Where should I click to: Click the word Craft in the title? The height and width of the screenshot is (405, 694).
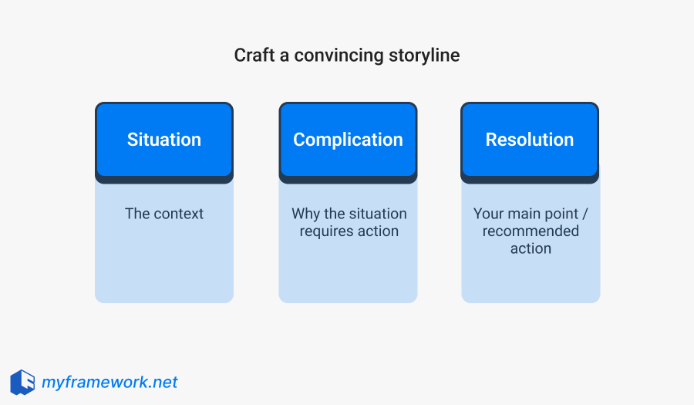(252, 56)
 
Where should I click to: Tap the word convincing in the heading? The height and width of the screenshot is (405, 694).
(328, 56)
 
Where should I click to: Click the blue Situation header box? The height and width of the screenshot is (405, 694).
(164, 140)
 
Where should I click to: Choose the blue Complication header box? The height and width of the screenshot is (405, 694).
(348, 140)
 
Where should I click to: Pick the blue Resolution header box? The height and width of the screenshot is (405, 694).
(530, 140)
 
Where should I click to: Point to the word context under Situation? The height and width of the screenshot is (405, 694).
(179, 214)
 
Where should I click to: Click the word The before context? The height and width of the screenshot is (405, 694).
(137, 214)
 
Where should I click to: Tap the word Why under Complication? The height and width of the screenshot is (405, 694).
(305, 214)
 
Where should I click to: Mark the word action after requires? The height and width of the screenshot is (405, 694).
(378, 231)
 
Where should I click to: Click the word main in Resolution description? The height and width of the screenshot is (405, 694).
(525, 214)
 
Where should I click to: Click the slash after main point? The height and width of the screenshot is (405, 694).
(585, 214)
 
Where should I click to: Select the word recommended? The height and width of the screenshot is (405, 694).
(531, 231)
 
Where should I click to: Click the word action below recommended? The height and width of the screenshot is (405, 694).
(531, 248)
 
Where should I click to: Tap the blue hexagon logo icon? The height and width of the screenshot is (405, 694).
(22, 382)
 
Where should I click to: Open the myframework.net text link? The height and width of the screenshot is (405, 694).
(109, 382)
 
